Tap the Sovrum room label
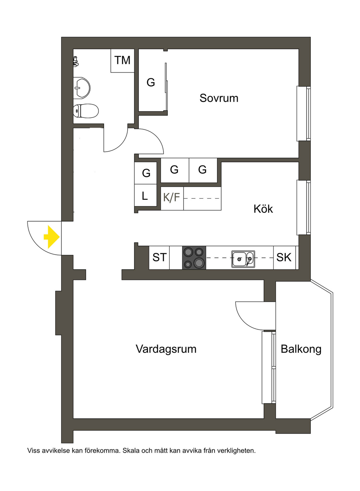coord(219,98)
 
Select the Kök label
coord(263,209)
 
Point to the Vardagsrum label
coord(166,349)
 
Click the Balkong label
coord(301,349)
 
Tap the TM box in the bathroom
coord(122,61)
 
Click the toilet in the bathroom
coord(85,111)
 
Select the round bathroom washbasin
coord(82,87)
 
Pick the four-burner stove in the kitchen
coord(194,257)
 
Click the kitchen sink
coord(243,259)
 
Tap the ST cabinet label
coord(160,257)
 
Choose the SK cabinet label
coord(284,257)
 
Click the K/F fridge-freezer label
coord(172,197)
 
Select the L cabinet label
coord(144,196)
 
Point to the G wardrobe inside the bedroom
coord(151,82)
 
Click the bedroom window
coord(303,114)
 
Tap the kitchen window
coord(303,208)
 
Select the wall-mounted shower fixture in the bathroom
coord(76,61)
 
